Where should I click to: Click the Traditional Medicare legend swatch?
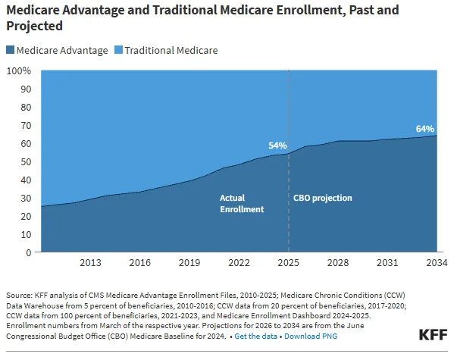pos(118,51)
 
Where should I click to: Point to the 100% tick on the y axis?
pos(19,70)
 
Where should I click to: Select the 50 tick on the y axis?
pos(25,161)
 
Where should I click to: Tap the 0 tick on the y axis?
pos(28,252)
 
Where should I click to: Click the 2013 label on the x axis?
pos(90,263)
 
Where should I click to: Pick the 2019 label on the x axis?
pos(189,263)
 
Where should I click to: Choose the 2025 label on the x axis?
pos(288,263)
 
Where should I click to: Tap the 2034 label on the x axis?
pos(436,263)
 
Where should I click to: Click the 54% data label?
pos(277,146)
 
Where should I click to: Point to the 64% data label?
pos(425,128)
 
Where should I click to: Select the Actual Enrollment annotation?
pos(242,203)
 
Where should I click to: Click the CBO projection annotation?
pos(323,198)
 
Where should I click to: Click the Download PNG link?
pos(311,335)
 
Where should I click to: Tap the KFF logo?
pos(433,334)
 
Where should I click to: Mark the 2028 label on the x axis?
pos(337,263)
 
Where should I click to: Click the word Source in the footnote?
pos(19,296)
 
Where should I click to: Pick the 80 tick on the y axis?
pos(25,107)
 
